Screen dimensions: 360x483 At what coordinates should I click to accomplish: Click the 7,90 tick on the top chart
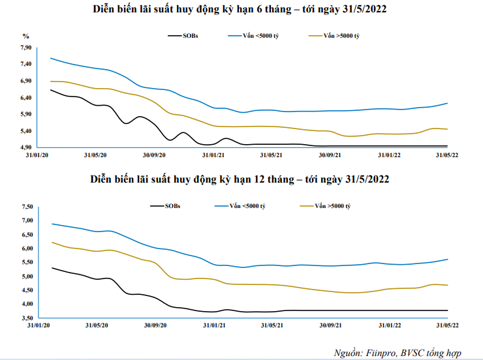point(26,48)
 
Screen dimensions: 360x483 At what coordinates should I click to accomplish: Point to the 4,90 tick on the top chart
point(26,147)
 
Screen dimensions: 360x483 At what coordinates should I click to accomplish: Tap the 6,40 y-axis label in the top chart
point(26,98)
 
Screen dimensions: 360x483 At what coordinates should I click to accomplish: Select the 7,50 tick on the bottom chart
point(27,206)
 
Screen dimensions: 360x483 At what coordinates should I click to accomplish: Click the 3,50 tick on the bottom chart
point(27,318)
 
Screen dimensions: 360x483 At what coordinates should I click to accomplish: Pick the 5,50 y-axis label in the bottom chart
point(27,262)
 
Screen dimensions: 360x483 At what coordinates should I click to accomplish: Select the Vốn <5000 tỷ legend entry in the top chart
point(255,36)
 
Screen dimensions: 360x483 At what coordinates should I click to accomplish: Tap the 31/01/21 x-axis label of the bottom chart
point(213,324)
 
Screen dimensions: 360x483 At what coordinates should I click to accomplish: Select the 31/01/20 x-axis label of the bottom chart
point(37,324)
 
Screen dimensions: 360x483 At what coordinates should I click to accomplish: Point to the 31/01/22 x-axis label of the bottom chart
point(390,324)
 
